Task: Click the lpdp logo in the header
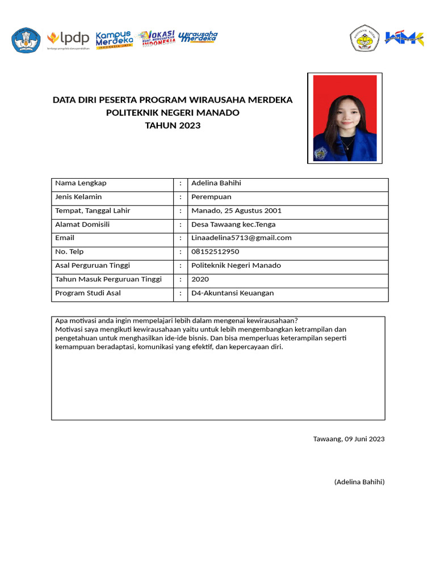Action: [x=68, y=39]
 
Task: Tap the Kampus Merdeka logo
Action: [x=114, y=39]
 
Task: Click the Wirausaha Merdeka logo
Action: [x=198, y=37]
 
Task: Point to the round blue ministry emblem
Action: [x=26, y=40]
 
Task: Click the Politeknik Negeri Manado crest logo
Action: [x=364, y=39]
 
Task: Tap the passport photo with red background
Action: [x=345, y=118]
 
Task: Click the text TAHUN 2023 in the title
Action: [x=173, y=125]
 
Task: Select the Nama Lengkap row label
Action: [x=81, y=183]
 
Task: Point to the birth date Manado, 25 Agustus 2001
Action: [x=236, y=210]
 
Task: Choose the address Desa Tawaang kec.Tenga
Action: [x=233, y=224]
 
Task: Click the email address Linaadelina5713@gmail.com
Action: [x=241, y=238]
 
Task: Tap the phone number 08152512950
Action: [x=215, y=251]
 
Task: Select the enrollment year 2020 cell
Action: [x=200, y=279]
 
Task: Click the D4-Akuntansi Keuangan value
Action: [x=232, y=293]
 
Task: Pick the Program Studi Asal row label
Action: [x=88, y=293]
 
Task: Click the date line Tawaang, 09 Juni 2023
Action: [x=349, y=439]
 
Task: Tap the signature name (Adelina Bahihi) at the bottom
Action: [x=359, y=482]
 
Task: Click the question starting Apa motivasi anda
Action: [x=177, y=321]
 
